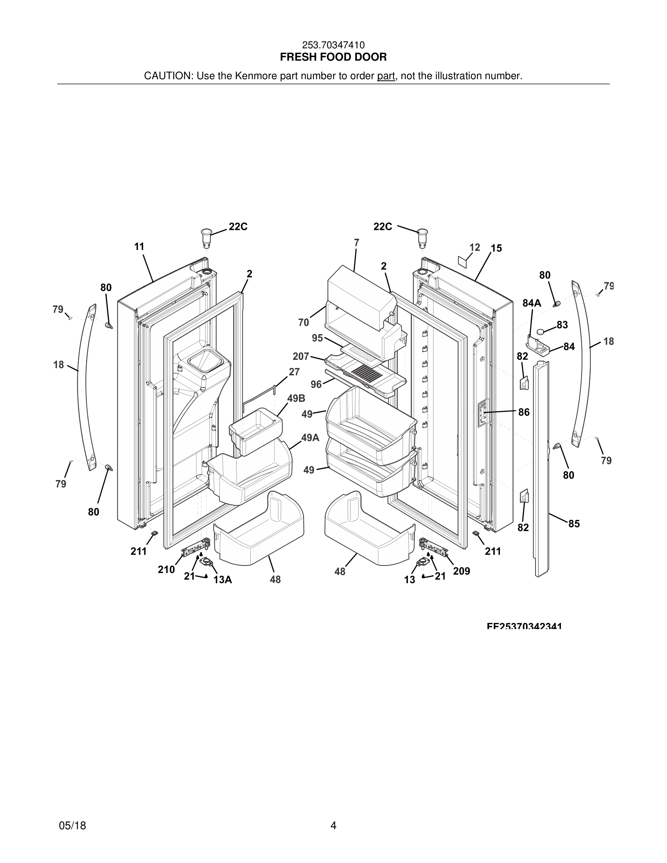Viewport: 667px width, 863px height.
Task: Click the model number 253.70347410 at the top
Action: point(333,45)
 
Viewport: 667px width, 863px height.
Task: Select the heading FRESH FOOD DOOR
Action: point(333,57)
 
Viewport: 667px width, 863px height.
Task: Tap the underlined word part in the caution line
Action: point(386,76)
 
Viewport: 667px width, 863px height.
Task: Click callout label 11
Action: point(139,247)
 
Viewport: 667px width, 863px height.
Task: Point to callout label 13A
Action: point(222,580)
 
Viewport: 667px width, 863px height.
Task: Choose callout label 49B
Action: point(296,398)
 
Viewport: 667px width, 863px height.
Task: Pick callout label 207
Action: point(301,356)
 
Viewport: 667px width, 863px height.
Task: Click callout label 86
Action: point(524,412)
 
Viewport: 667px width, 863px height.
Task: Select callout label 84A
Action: point(532,303)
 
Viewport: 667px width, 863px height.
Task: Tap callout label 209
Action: point(461,571)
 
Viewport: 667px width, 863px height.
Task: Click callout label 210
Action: point(166,570)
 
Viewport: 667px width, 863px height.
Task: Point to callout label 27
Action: point(294,372)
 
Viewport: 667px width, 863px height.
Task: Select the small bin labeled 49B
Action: point(256,431)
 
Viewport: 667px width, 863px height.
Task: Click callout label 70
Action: point(303,323)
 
